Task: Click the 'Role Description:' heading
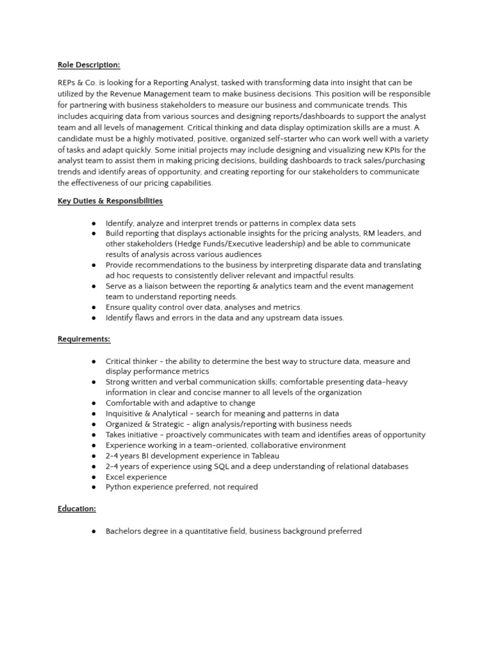pos(89,65)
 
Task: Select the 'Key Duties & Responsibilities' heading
pos(110,201)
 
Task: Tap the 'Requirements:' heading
pos(84,339)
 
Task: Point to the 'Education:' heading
pos(77,508)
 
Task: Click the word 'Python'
pos(119,487)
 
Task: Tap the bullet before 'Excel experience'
pos(94,477)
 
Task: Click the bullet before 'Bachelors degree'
pos(94,531)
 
